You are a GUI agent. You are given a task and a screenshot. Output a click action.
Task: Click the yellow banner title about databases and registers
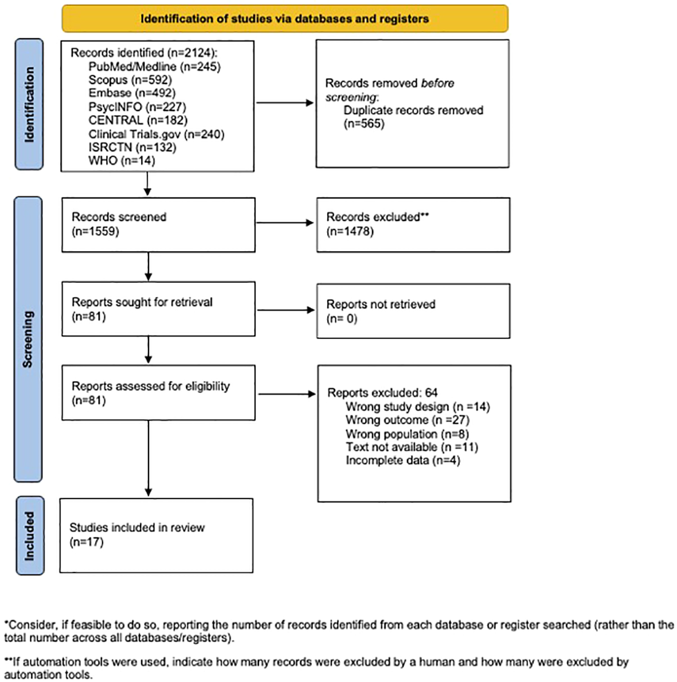click(x=284, y=19)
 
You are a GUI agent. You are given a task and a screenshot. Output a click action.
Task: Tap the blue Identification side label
click(x=29, y=104)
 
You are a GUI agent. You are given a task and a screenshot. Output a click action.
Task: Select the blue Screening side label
click(x=28, y=339)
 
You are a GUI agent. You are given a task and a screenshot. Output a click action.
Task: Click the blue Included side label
click(x=29, y=536)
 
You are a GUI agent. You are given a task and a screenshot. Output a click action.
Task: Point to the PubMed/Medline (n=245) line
click(x=154, y=67)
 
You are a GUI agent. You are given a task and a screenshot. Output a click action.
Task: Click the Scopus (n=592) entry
click(x=130, y=80)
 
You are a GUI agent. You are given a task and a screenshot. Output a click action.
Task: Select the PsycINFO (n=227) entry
click(x=137, y=107)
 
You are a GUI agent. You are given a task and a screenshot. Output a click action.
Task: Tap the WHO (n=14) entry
click(x=122, y=161)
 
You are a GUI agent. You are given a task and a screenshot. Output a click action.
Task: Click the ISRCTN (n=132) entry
click(x=132, y=147)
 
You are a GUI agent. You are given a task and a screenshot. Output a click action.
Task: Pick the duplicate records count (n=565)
click(x=364, y=124)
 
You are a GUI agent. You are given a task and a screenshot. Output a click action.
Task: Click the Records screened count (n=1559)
click(x=95, y=231)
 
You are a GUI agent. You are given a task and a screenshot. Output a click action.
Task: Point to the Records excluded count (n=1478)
click(x=350, y=231)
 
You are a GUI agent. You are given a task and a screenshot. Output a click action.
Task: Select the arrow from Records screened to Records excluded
click(x=285, y=223)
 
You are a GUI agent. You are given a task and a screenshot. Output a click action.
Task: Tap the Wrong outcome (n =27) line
click(x=407, y=420)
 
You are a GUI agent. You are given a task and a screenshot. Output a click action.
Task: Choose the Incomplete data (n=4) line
click(x=402, y=461)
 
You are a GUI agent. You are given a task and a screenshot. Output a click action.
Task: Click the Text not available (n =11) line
click(x=412, y=447)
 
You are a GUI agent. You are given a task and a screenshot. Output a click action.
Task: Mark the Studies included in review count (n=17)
click(x=87, y=542)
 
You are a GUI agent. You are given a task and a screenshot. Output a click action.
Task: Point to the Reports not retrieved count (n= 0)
click(x=342, y=318)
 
